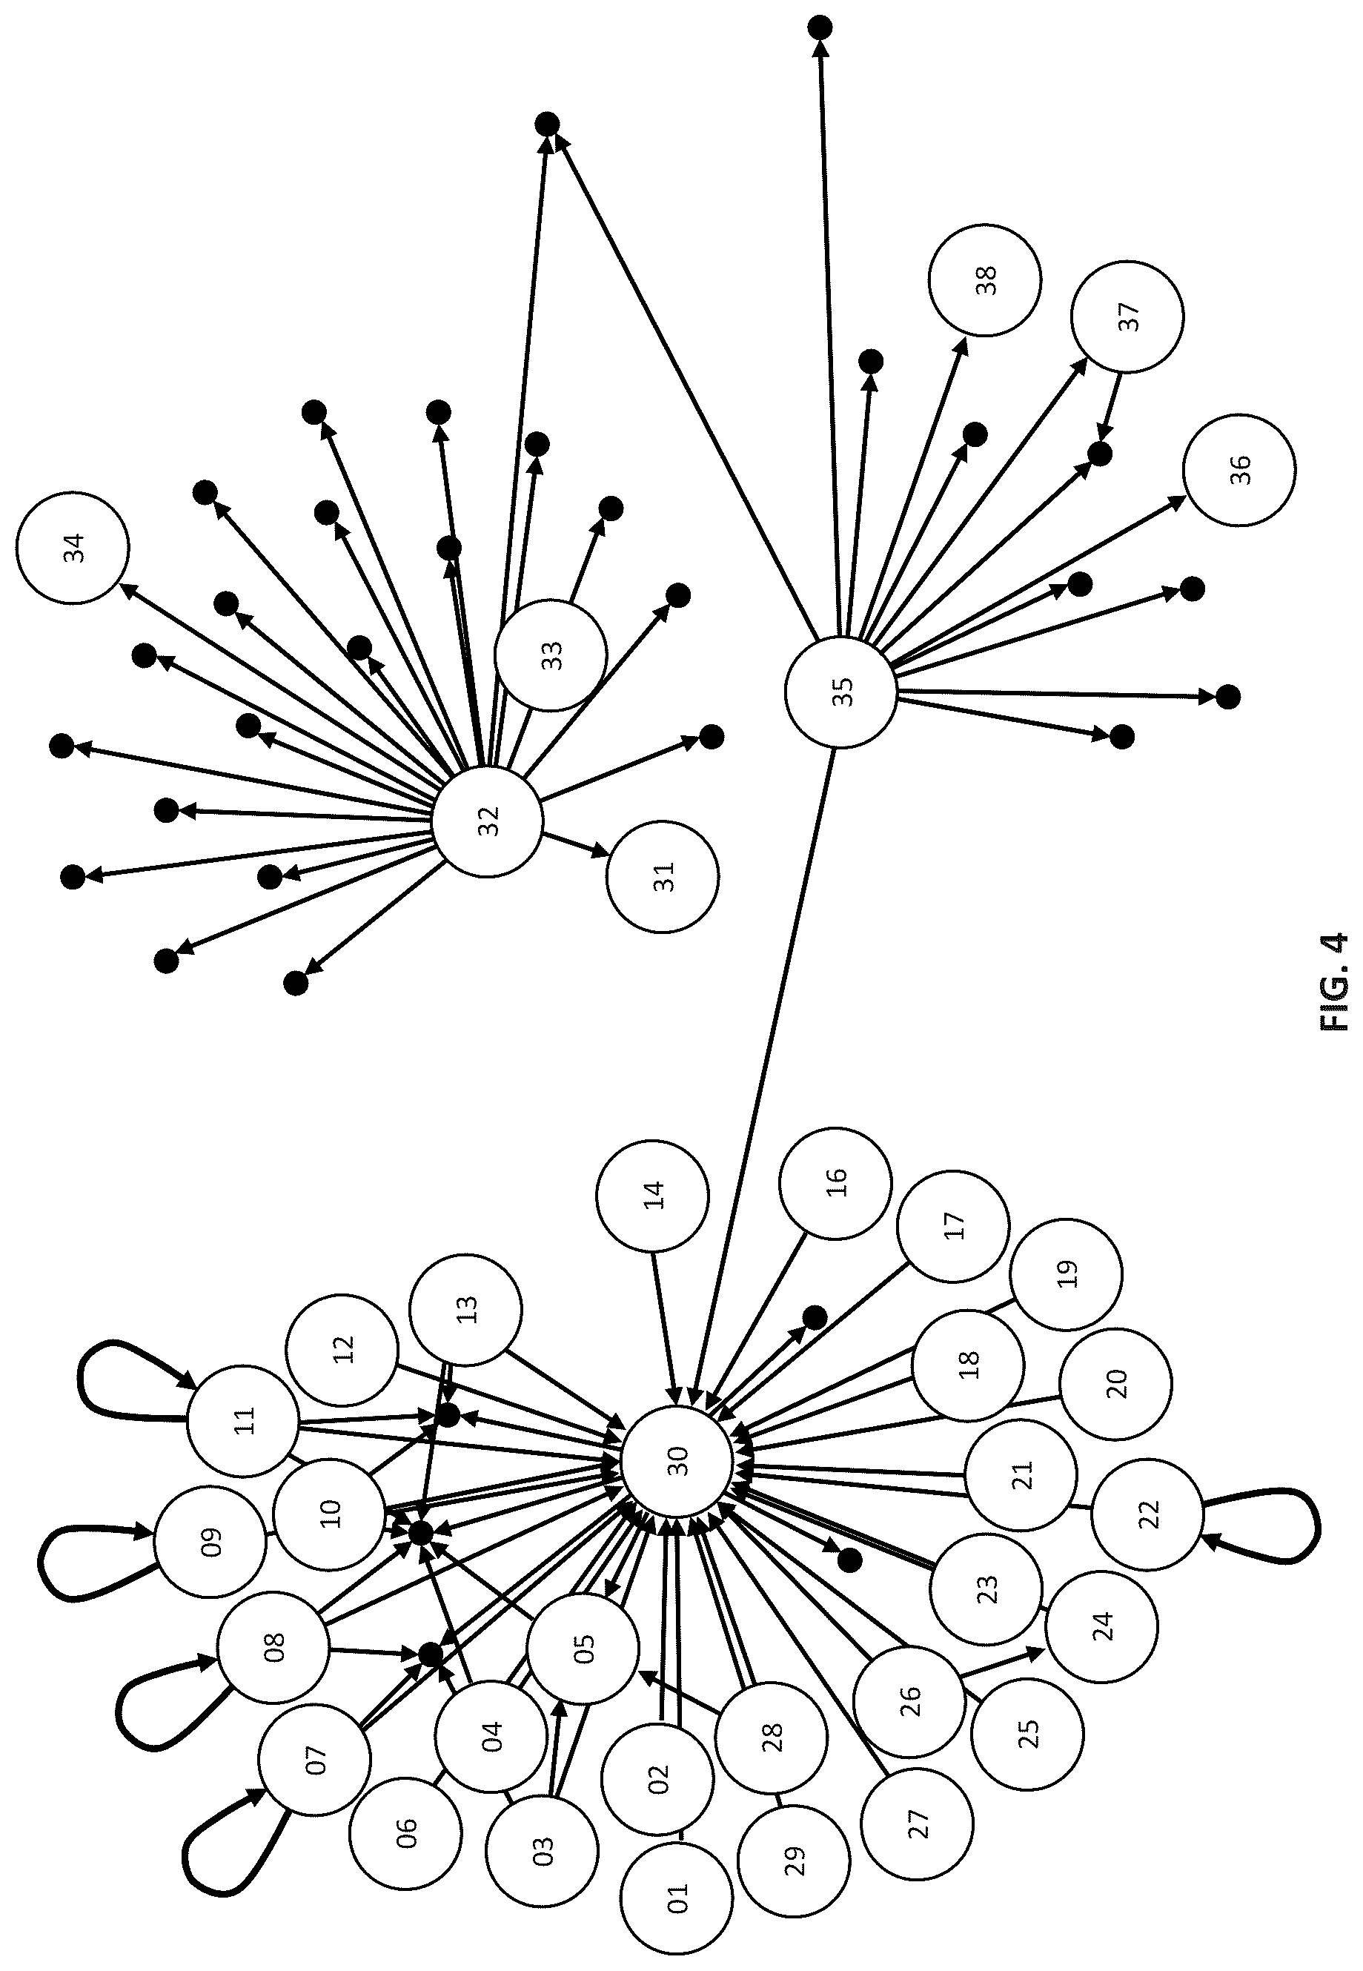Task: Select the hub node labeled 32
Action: point(488,821)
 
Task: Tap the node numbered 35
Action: point(841,692)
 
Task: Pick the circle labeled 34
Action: point(73,547)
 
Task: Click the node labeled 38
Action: point(985,280)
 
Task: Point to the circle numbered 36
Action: point(1239,470)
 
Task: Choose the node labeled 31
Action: point(663,877)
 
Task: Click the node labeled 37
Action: point(1127,316)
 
